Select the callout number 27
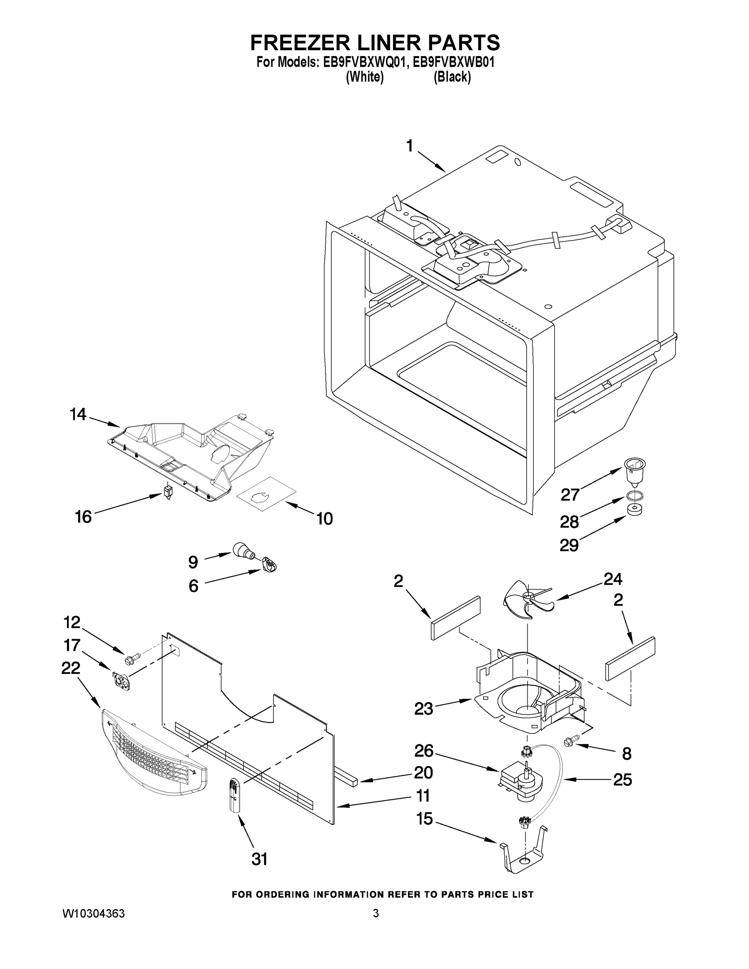point(570,494)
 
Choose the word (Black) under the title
point(452,77)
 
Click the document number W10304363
point(93,914)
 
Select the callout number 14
point(78,415)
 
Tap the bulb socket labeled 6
point(269,565)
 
